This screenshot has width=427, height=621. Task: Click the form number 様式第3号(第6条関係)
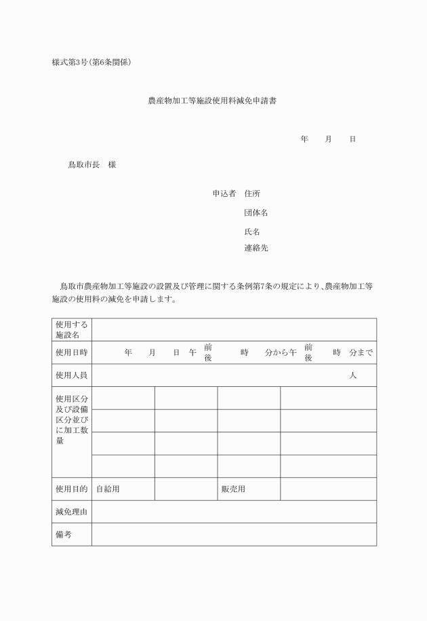pyautogui.click(x=91, y=63)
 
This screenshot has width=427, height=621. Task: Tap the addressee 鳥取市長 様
pyautogui.click(x=92, y=164)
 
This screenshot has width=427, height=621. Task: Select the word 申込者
pyautogui.click(x=224, y=193)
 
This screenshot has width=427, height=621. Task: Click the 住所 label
pyautogui.click(x=252, y=193)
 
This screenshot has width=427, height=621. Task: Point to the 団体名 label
pyautogui.click(x=256, y=212)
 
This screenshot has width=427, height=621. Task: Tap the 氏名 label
pyautogui.click(x=252, y=231)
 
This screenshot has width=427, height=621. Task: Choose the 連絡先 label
pyautogui.click(x=256, y=248)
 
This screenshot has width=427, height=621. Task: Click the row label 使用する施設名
pyautogui.click(x=71, y=330)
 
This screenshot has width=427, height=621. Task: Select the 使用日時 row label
pyautogui.click(x=71, y=353)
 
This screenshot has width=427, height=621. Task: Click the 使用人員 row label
pyautogui.click(x=71, y=375)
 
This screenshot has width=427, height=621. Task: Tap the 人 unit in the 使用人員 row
pyautogui.click(x=352, y=375)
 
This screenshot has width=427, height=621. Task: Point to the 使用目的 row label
pyautogui.click(x=71, y=489)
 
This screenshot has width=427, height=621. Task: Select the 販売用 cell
pyautogui.click(x=233, y=489)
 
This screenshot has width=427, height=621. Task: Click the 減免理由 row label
pyautogui.click(x=71, y=512)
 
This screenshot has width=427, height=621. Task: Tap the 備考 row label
pyautogui.click(x=64, y=534)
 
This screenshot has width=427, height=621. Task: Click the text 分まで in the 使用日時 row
pyautogui.click(x=361, y=353)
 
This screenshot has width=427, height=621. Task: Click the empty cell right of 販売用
pyautogui.click(x=328, y=489)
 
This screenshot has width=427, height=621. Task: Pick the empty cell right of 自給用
pyautogui.click(x=186, y=489)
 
